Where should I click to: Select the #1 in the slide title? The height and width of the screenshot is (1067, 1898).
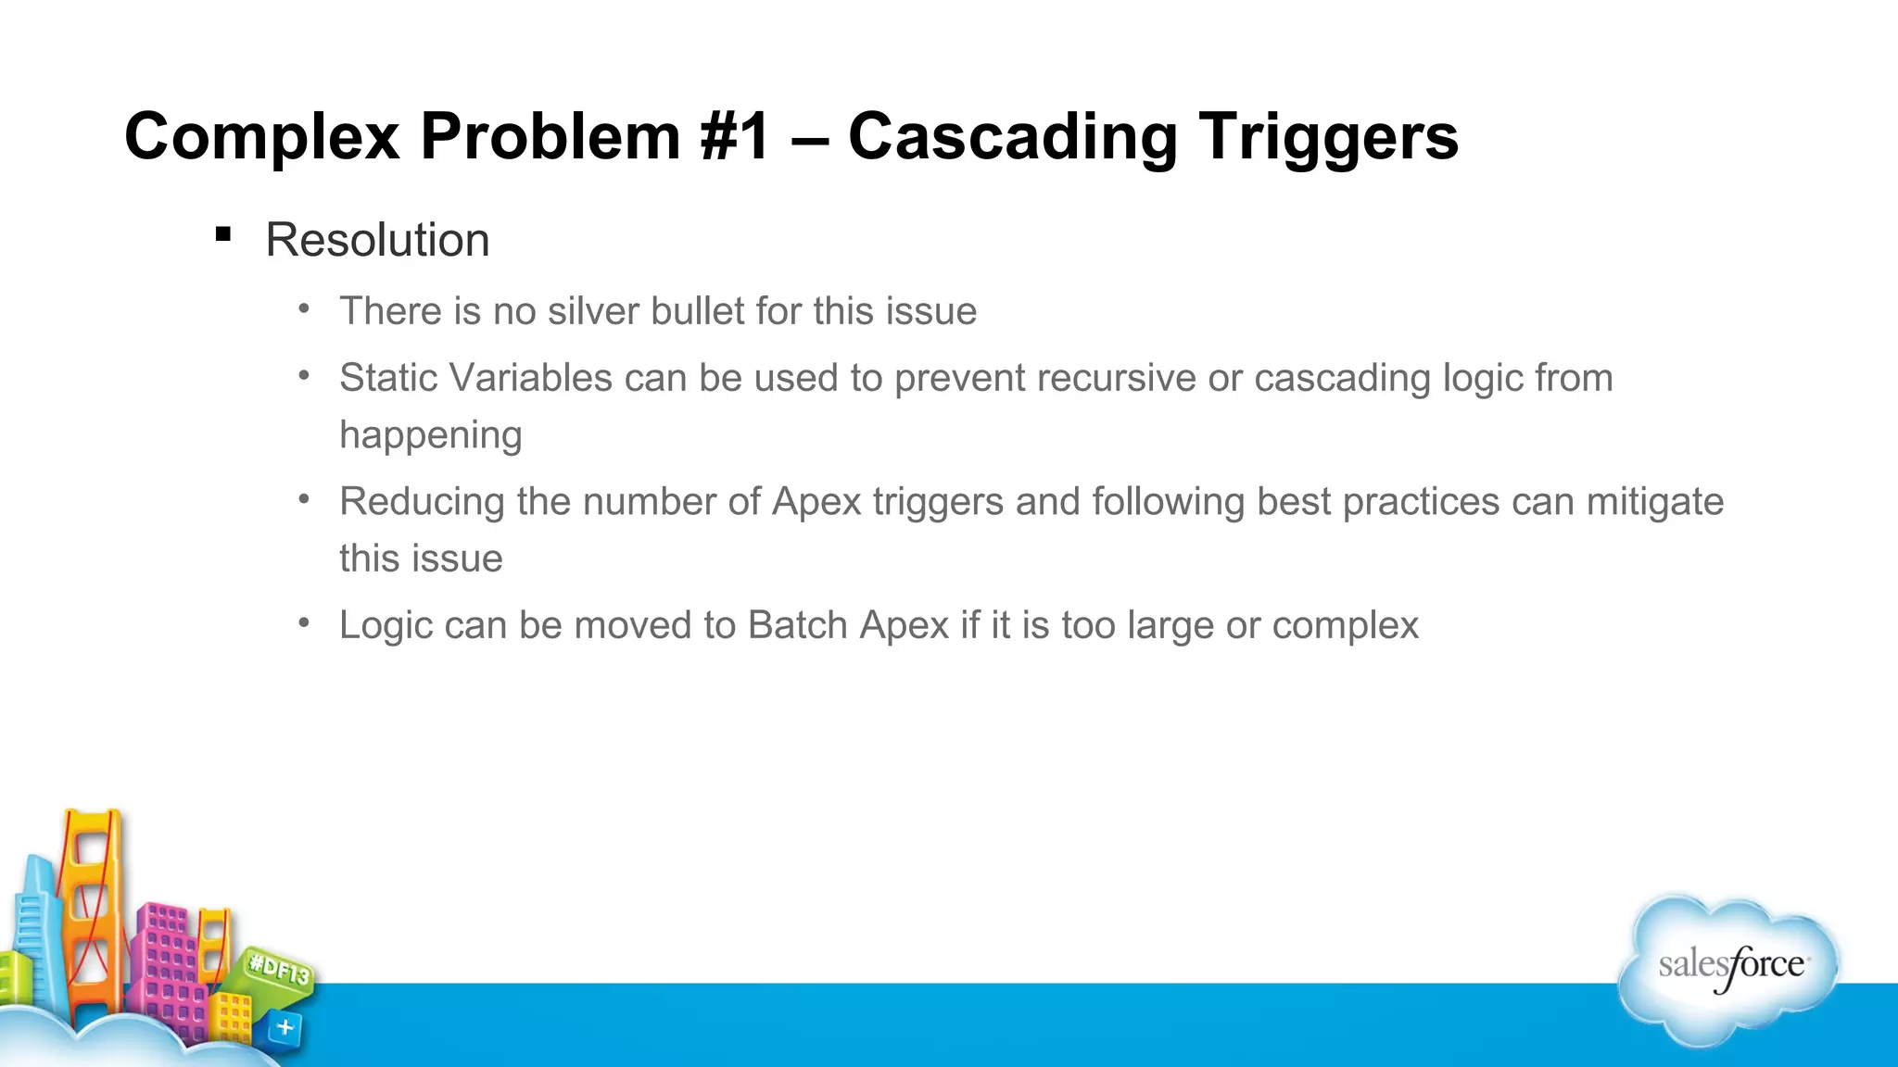point(737,137)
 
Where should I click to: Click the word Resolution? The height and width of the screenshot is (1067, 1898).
point(377,240)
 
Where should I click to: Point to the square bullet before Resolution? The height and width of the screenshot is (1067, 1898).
point(222,234)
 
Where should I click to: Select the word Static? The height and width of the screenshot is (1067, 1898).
point(388,378)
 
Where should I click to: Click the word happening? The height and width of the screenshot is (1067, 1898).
point(431,435)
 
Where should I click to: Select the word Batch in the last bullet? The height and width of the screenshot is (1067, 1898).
point(797,625)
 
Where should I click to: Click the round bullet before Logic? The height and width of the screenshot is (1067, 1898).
point(304,622)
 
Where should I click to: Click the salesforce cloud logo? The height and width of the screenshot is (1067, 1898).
point(1729,969)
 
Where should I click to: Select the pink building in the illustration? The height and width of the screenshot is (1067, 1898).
point(167,963)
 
